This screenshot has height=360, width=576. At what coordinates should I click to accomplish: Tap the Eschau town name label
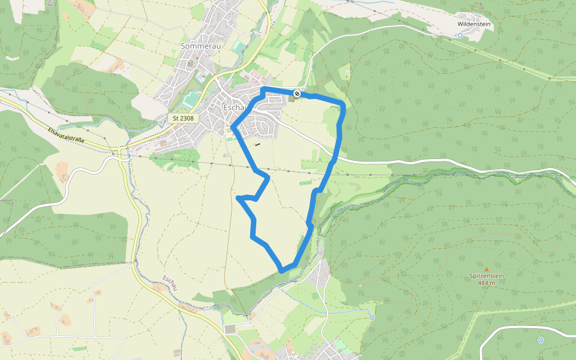coord(234,107)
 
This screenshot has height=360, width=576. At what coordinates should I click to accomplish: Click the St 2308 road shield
coord(183,118)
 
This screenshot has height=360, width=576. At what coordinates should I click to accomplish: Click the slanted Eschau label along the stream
coord(170,284)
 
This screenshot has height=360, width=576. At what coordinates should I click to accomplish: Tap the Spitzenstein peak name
coord(487,276)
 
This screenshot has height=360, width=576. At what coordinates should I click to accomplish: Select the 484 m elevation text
coord(487,283)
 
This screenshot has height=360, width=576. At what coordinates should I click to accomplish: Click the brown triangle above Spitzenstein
coord(487,269)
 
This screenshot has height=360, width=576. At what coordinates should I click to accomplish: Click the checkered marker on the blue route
coord(297,93)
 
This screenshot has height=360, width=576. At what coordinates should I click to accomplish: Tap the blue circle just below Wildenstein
coord(460,35)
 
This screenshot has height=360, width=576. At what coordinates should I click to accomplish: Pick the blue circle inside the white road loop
coord(540,340)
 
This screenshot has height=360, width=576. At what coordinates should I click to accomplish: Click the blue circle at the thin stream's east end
coord(372,317)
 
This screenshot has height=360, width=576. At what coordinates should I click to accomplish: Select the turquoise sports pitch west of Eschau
coord(191,98)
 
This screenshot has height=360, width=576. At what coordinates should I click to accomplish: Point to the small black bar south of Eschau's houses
coord(258,144)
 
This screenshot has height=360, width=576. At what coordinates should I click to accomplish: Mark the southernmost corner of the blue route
coord(282,271)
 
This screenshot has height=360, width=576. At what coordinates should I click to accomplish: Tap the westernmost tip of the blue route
coord(238,197)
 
